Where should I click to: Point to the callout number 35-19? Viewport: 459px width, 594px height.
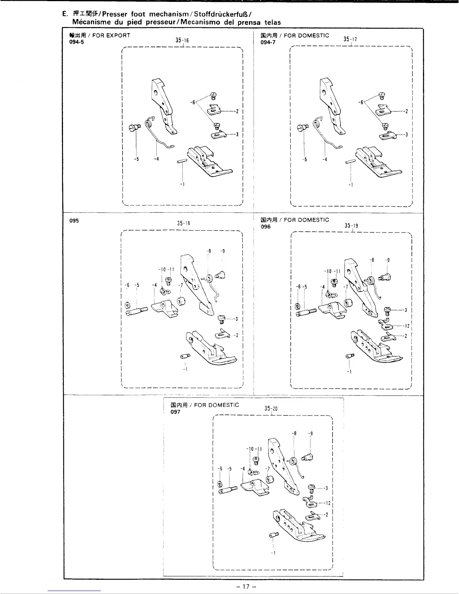pos(351,226)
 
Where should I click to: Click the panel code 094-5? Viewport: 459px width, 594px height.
pos(71,42)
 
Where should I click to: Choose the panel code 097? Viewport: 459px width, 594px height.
pos(175,412)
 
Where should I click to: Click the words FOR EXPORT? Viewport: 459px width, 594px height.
pos(113,36)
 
